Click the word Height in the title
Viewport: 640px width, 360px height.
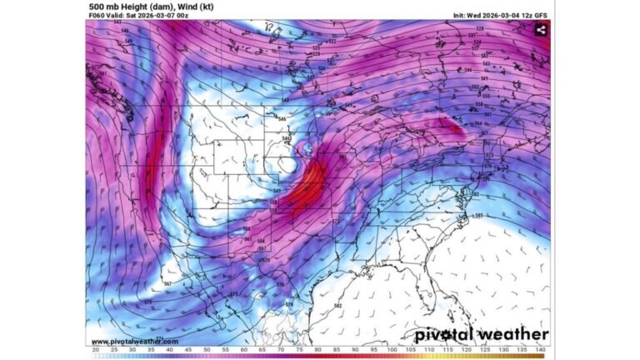pos(129,6)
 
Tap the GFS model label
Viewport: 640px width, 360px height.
pos(544,15)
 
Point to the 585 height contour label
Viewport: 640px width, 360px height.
pos(478,217)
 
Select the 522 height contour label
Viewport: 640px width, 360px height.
pos(332,42)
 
